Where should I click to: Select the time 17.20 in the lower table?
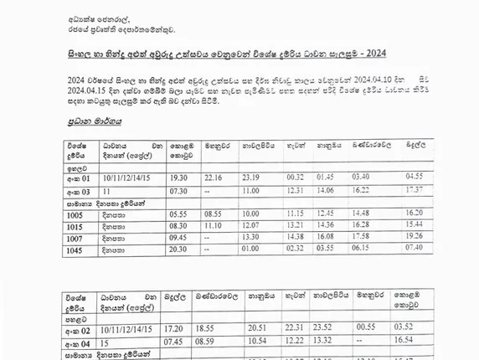point(175,327)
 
